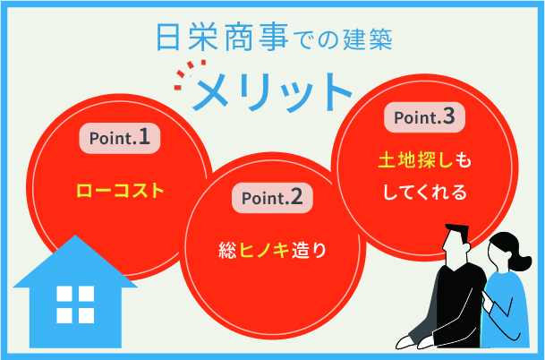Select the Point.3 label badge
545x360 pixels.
pyautogui.click(x=425, y=116)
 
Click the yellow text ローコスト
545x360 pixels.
pyautogui.click(x=121, y=190)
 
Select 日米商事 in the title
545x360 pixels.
pyautogui.click(x=209, y=39)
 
